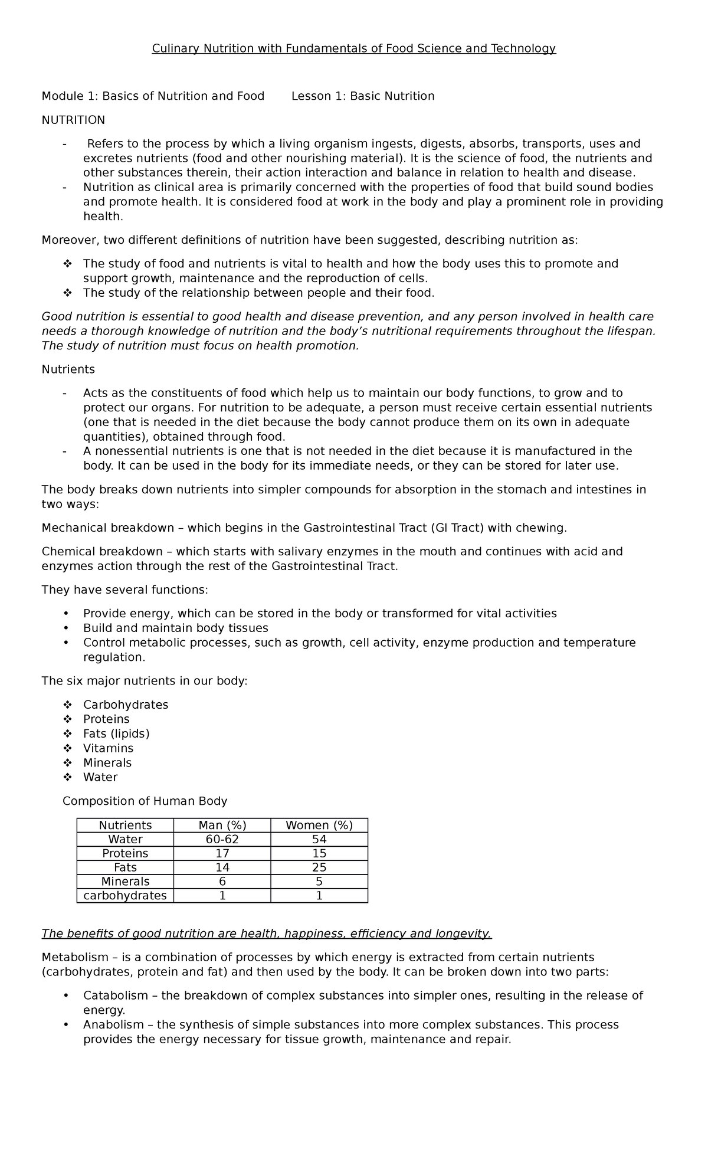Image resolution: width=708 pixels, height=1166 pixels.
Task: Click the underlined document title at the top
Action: pyautogui.click(x=353, y=48)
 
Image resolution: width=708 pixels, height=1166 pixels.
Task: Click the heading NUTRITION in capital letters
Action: pyautogui.click(x=73, y=120)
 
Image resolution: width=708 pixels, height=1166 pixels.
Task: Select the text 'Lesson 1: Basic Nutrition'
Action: pyautogui.click(x=363, y=96)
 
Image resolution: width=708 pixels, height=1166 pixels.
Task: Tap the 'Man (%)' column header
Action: pyautogui.click(x=222, y=825)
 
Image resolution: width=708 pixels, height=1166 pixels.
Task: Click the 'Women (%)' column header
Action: pyautogui.click(x=319, y=825)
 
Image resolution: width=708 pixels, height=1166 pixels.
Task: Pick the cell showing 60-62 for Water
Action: pyautogui.click(x=222, y=839)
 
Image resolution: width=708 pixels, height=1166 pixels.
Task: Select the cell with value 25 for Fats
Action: pyautogui.click(x=319, y=867)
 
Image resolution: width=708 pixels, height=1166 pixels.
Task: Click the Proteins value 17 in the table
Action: pyautogui.click(x=222, y=853)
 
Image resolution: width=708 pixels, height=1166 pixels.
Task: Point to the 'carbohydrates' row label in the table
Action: pyautogui.click(x=125, y=896)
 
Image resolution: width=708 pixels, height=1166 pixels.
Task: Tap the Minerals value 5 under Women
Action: pyautogui.click(x=319, y=882)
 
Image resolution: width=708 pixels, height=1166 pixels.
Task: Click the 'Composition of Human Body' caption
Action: pyautogui.click(x=145, y=801)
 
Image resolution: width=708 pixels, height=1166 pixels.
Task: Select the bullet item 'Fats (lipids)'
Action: pyautogui.click(x=116, y=733)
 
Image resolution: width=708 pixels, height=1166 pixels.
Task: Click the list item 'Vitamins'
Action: pyautogui.click(x=108, y=748)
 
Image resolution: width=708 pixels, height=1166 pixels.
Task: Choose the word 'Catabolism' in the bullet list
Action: pyautogui.click(x=115, y=995)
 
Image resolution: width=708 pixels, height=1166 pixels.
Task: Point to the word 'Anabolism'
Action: pyautogui.click(x=113, y=1024)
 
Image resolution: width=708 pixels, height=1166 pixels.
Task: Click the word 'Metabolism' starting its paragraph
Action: pyautogui.click(x=75, y=957)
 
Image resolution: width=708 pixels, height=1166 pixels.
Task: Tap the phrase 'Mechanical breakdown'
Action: pyautogui.click(x=108, y=528)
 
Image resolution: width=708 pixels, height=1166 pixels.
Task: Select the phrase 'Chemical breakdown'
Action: pyautogui.click(x=102, y=552)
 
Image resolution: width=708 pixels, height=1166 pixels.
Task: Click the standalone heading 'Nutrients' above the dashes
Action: pyautogui.click(x=68, y=369)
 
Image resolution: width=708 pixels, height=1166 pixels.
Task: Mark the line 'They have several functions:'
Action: pyautogui.click(x=124, y=590)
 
